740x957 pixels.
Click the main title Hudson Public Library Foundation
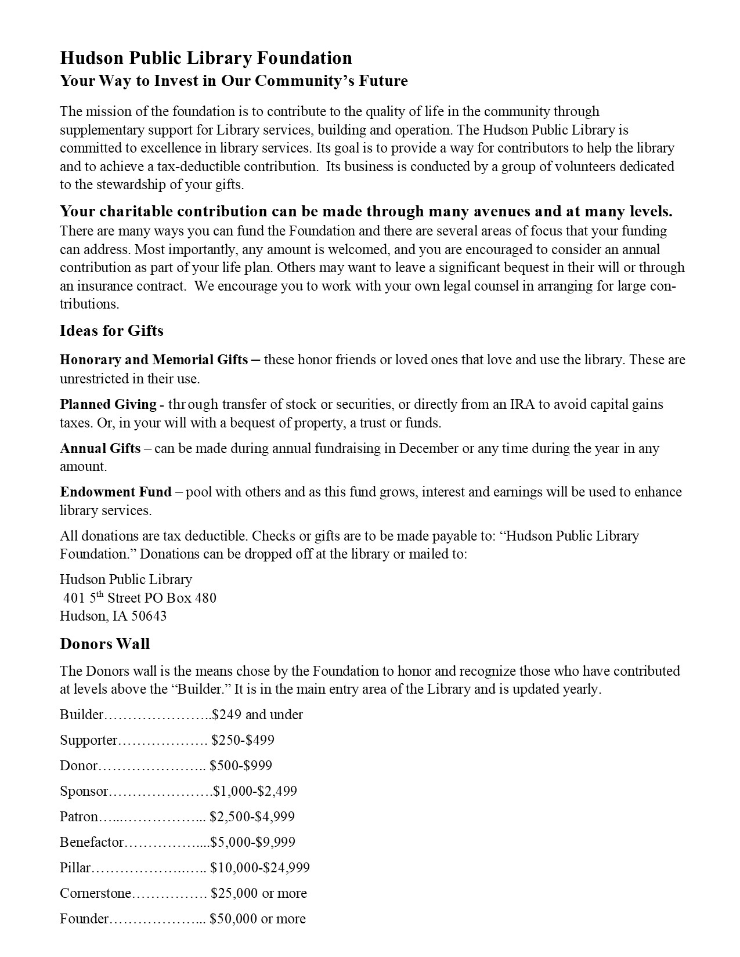click(x=206, y=58)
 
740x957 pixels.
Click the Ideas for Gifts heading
click(x=111, y=331)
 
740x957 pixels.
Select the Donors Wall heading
click(x=104, y=644)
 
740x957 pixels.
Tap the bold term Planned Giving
click(x=108, y=404)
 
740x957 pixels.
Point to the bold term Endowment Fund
click(x=115, y=492)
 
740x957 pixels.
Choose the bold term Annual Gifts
click(x=100, y=448)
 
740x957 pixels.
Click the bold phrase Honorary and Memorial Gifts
click(x=154, y=360)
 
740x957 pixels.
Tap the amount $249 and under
click(x=258, y=715)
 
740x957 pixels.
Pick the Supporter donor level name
click(x=88, y=740)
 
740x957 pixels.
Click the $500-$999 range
click(x=241, y=766)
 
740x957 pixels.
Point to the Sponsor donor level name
click(x=84, y=791)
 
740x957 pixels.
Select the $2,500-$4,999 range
click(x=252, y=817)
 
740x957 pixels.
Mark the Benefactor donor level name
click(x=92, y=842)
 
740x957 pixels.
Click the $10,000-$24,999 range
click(x=259, y=868)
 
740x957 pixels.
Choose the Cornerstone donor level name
click(x=95, y=893)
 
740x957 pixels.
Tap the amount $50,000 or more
click(x=258, y=919)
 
